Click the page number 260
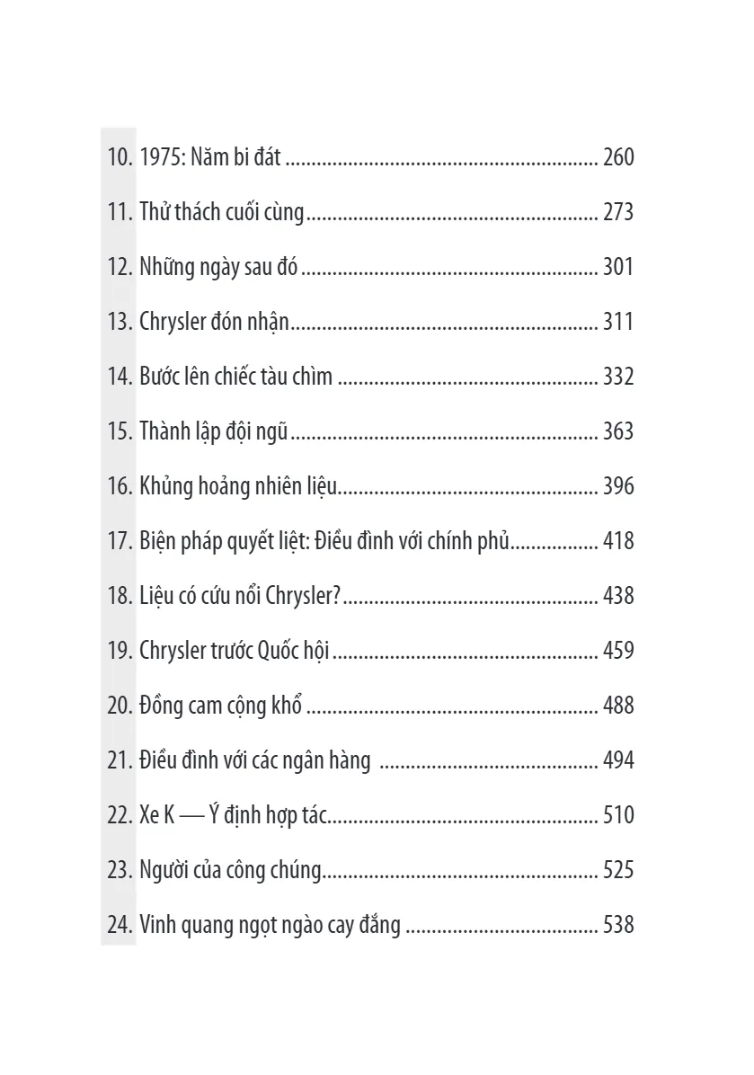[x=618, y=158]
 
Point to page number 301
[x=618, y=268]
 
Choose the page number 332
[x=618, y=378]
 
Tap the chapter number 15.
[x=120, y=432]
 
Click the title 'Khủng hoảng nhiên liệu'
[x=238, y=487]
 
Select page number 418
[x=618, y=542]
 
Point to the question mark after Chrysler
[x=336, y=597]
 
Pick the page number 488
[x=618, y=706]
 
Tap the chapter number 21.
[x=120, y=761]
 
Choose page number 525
[x=618, y=871]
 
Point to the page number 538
[x=618, y=925]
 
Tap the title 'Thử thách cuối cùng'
[x=222, y=213]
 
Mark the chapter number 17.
[x=120, y=542]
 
